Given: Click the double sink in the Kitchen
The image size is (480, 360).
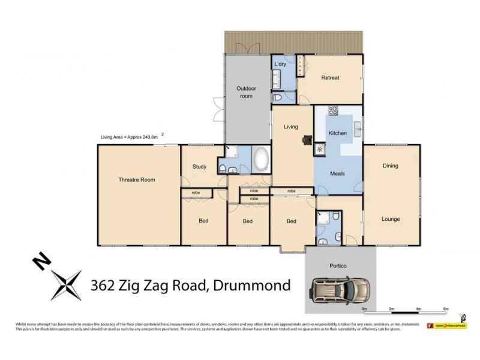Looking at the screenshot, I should point(356,127).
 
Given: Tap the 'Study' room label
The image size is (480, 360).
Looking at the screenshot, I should point(199,167).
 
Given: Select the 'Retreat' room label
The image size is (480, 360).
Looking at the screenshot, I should point(330,78).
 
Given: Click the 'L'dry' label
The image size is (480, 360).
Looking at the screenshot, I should point(280,64).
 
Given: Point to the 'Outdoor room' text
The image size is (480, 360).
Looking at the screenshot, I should point(247,92).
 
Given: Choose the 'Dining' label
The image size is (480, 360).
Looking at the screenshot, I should point(391,166).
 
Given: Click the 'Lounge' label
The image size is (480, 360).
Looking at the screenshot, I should point(391,219).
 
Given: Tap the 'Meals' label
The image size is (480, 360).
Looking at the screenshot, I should point(337,174).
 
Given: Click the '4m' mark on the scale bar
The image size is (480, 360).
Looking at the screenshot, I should point(418,309).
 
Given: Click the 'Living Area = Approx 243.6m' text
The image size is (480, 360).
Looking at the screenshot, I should point(129,137).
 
